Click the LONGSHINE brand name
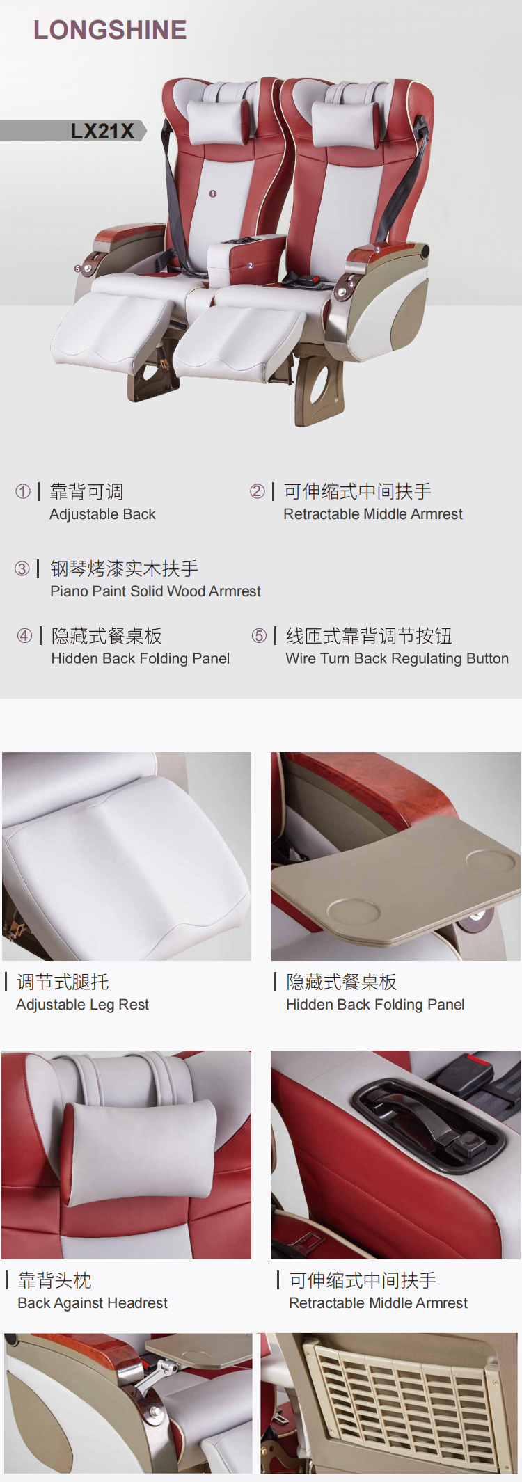pyautogui.click(x=110, y=30)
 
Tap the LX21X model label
pyautogui.click(x=102, y=131)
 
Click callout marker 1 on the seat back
pyautogui.click(x=213, y=193)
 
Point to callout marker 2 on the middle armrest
pyautogui.click(x=251, y=266)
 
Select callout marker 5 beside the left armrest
pyautogui.click(x=78, y=269)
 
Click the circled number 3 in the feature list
pyautogui.click(x=22, y=568)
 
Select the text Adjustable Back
pyautogui.click(x=102, y=514)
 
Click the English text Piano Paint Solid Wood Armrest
pyautogui.click(x=155, y=591)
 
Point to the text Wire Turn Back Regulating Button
pyautogui.click(x=397, y=658)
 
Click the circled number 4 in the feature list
pyautogui.click(x=24, y=635)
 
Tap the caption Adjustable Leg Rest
pyautogui.click(x=82, y=1005)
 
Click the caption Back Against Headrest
pyautogui.click(x=93, y=1303)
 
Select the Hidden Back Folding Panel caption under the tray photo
pyautogui.click(x=375, y=1005)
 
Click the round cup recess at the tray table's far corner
pyautogui.click(x=491, y=861)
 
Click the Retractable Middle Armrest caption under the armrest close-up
pyautogui.click(x=378, y=1303)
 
